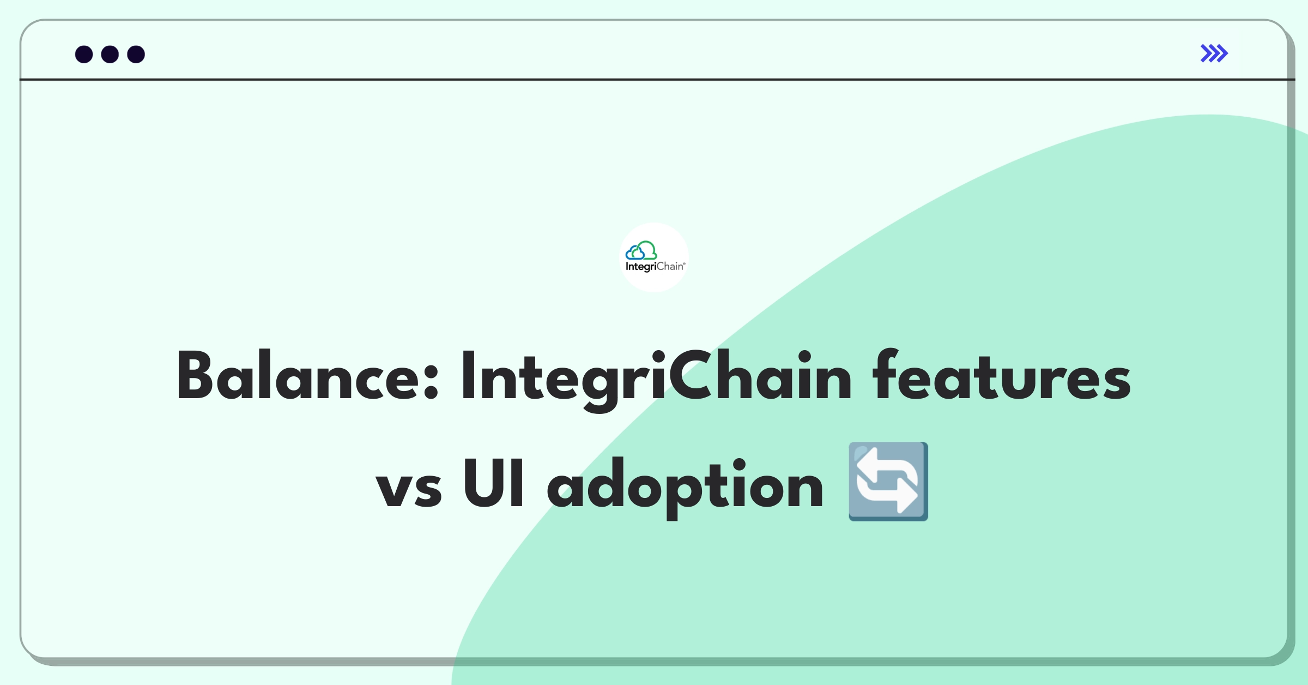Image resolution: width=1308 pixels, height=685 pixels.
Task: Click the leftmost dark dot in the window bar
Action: (x=84, y=55)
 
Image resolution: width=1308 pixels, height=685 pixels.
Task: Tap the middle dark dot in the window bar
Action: (x=110, y=55)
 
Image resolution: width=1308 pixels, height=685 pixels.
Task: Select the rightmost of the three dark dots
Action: (x=136, y=55)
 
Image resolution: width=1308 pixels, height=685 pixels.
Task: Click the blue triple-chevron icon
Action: (x=1214, y=53)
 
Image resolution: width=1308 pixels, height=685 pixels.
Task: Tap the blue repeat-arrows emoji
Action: (x=888, y=482)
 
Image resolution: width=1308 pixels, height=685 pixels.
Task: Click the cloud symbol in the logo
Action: (x=641, y=251)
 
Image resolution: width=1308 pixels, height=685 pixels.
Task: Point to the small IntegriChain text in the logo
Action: (x=655, y=267)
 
